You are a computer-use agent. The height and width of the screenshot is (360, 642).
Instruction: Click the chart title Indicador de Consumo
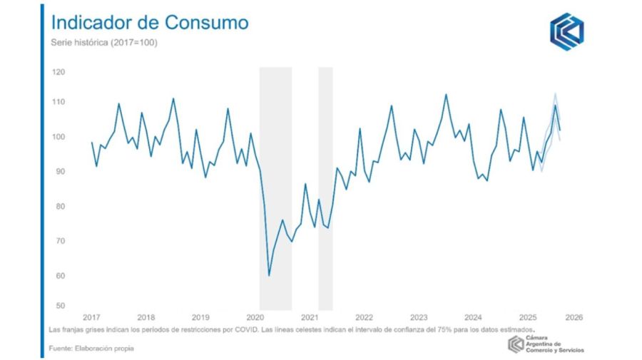point(150,23)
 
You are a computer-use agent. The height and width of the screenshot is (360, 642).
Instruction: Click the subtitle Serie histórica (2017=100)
point(104,43)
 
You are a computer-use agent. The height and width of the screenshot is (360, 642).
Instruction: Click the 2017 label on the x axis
point(91,317)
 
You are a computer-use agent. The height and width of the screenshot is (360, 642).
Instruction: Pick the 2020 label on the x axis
point(255,317)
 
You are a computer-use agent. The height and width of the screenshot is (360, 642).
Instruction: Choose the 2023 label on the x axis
point(419,317)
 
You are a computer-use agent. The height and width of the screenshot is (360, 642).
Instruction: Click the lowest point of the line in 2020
point(269,275)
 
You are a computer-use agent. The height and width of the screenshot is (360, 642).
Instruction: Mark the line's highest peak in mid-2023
point(446,94)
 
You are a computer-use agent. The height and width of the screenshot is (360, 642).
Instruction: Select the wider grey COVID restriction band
point(275,185)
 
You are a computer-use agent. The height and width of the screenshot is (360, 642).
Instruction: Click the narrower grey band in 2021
point(325,185)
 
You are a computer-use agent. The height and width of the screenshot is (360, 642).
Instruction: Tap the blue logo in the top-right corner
point(566,31)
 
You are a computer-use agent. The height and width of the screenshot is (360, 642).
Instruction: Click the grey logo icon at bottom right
point(516,345)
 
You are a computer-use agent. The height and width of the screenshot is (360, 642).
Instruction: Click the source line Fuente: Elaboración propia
point(91,349)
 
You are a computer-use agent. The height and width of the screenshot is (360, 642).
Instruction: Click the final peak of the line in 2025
point(555,106)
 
